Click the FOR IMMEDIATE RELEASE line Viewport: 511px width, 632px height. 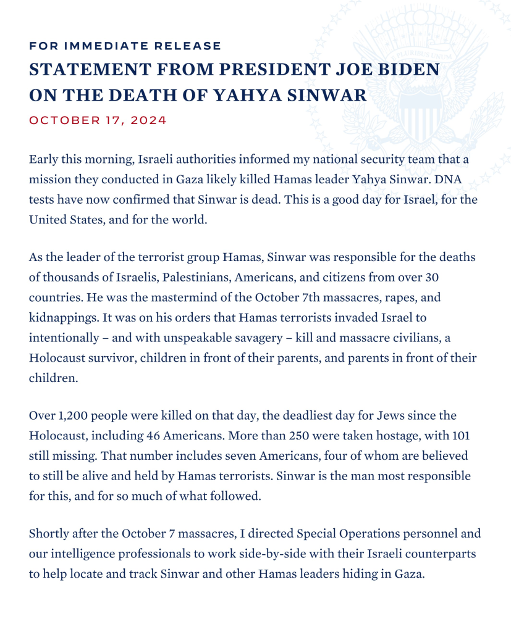125,46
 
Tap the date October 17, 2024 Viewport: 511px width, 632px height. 98,120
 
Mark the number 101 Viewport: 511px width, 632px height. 460,436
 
